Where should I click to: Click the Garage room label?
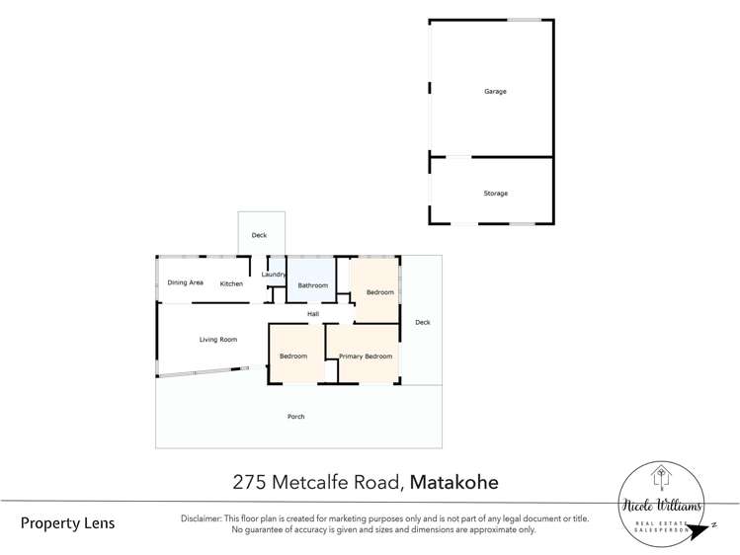point(495,92)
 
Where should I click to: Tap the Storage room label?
point(495,194)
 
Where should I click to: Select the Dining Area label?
point(185,283)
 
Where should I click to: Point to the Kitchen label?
point(231,284)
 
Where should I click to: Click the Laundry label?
point(274,275)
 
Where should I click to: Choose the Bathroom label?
point(312,285)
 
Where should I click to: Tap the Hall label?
point(312,314)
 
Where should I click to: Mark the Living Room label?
point(218,340)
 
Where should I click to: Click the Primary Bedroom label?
point(366,357)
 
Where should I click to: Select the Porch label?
point(295,417)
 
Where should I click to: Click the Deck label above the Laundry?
point(259,236)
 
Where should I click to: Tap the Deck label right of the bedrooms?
point(422,322)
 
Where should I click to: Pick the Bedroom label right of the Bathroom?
point(379,292)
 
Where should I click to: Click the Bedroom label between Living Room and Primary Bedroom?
point(292,357)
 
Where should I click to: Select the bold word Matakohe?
point(453,483)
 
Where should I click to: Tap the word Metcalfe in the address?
point(311,483)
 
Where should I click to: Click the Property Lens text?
point(67,523)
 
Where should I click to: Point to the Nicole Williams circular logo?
point(662,502)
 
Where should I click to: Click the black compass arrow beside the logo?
point(703,530)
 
